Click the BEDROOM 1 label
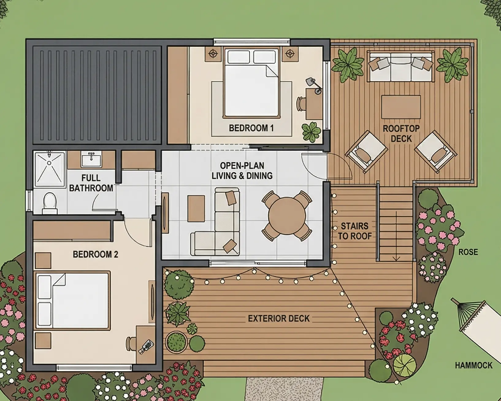251,128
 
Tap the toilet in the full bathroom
50,202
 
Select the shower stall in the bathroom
50,169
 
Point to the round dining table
287,216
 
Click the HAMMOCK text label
473,365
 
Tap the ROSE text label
468,252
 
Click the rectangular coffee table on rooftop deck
401,107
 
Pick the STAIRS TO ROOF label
355,231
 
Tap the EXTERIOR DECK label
278,318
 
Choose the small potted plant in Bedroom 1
311,132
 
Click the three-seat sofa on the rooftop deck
401,67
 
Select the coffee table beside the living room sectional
196,209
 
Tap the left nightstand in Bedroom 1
213,54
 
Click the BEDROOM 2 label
95,254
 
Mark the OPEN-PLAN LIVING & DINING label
242,171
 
